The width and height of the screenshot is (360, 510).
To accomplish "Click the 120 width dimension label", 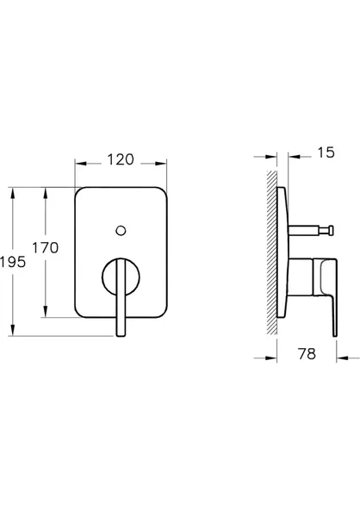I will tap(121, 159).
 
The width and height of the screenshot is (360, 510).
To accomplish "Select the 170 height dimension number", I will tap(45, 248).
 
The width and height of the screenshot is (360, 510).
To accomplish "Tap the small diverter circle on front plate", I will tap(121, 230).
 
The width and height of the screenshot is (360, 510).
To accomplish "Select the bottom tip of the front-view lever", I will tap(121, 334).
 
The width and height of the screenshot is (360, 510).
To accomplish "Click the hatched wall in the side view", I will tap(271, 250).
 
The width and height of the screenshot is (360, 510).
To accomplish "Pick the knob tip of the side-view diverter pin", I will tap(326, 229).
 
